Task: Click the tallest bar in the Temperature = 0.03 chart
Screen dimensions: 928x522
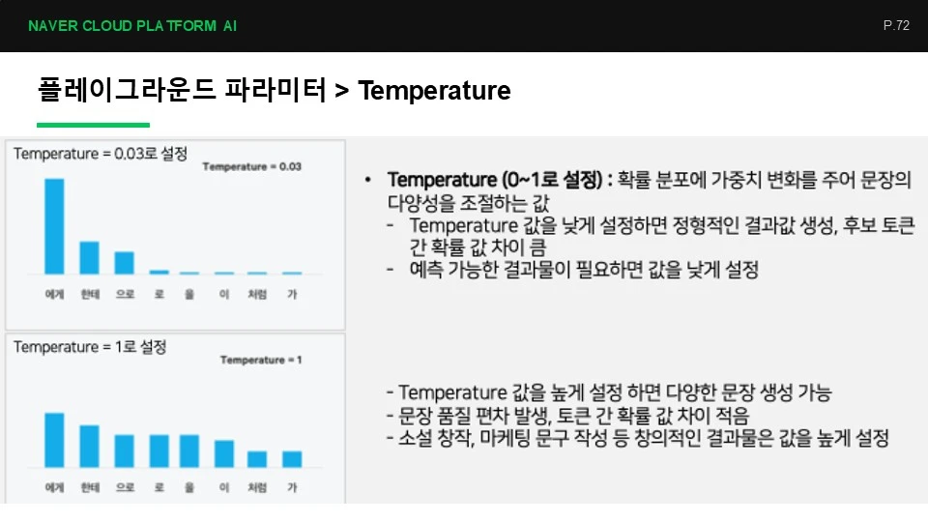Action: [x=54, y=226]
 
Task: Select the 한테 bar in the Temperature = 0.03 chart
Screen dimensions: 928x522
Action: [x=89, y=257]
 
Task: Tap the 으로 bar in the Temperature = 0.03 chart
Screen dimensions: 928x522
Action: [x=125, y=263]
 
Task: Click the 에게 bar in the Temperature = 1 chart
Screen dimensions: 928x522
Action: [x=54, y=440]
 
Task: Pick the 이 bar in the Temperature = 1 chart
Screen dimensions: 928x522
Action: [x=224, y=453]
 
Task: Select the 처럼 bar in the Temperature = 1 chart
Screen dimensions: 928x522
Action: [x=257, y=458]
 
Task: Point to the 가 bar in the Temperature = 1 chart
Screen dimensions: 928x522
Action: [x=292, y=458]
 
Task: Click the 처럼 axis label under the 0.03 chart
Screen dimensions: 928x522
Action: [x=257, y=294]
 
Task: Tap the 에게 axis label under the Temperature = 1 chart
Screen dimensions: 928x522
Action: [x=54, y=487]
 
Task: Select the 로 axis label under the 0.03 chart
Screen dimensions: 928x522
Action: [x=159, y=294]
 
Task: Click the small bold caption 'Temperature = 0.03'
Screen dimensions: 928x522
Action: [x=252, y=167]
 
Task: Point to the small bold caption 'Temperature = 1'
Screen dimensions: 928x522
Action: [x=261, y=360]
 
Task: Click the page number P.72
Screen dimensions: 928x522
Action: [x=896, y=25]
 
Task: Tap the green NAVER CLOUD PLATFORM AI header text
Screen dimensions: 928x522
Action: [x=132, y=26]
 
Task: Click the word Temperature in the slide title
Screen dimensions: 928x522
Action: [x=434, y=91]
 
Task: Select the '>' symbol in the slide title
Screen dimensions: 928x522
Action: [x=341, y=91]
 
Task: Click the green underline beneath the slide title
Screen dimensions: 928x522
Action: [x=93, y=125]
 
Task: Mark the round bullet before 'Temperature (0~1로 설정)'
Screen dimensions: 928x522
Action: [x=368, y=180]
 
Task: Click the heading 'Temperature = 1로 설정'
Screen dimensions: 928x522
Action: [x=90, y=347]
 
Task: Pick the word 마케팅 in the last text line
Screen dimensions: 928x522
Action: [x=506, y=438]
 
